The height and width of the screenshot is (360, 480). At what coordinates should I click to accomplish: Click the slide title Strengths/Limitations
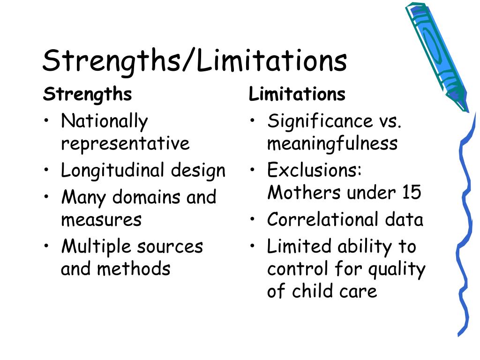(195, 61)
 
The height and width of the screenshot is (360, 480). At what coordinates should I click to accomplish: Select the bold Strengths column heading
(88, 94)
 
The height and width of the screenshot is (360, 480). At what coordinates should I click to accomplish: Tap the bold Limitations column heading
(297, 94)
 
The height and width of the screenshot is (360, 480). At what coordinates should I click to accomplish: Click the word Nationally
(105, 121)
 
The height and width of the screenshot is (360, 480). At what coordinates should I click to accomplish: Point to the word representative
(125, 143)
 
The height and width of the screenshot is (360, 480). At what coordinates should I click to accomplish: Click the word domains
(147, 196)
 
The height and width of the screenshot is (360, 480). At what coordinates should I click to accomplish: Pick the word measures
(101, 220)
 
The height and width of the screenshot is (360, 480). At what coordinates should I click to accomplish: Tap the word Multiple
(97, 247)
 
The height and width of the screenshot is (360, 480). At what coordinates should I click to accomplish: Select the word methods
(134, 269)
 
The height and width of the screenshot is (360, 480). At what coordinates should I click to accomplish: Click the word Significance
(320, 121)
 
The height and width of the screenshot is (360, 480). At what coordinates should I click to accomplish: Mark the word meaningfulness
(332, 143)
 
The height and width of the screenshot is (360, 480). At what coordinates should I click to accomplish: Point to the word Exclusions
(314, 170)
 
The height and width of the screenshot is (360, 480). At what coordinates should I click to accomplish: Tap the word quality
(397, 270)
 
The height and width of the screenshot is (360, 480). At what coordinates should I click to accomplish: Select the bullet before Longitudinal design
(46, 170)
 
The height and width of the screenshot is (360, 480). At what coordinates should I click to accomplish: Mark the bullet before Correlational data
(252, 219)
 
